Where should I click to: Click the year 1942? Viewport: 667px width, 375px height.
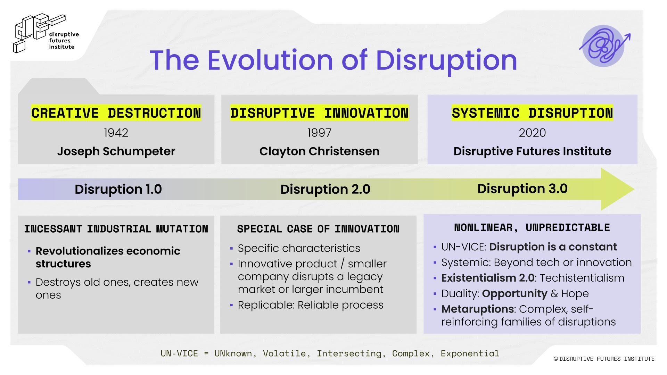tap(116, 133)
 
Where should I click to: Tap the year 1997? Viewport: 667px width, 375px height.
tap(319, 133)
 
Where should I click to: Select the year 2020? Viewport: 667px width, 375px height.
tap(532, 133)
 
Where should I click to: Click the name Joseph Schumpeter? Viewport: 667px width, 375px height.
tap(116, 151)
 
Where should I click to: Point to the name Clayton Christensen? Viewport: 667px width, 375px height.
tap(319, 151)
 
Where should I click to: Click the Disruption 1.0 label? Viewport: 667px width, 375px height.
tap(118, 189)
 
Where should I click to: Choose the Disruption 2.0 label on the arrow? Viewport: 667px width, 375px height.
tap(325, 189)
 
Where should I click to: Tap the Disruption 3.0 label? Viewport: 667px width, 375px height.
tap(522, 189)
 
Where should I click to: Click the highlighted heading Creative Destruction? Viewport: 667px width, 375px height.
tap(116, 113)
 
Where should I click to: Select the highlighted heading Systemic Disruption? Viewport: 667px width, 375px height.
tap(532, 113)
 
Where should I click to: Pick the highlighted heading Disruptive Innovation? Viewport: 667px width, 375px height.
tap(319, 113)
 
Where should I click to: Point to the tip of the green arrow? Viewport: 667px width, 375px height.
tap(634, 189)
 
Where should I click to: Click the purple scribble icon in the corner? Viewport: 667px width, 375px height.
tap(604, 46)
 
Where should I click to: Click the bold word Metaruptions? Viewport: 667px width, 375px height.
tap(477, 309)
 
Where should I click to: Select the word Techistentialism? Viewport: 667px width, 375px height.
tap(582, 278)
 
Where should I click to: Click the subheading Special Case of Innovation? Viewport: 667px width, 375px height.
tap(318, 229)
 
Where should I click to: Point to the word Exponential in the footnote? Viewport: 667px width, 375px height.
tap(470, 353)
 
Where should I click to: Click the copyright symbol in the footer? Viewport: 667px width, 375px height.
tap(555, 359)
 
